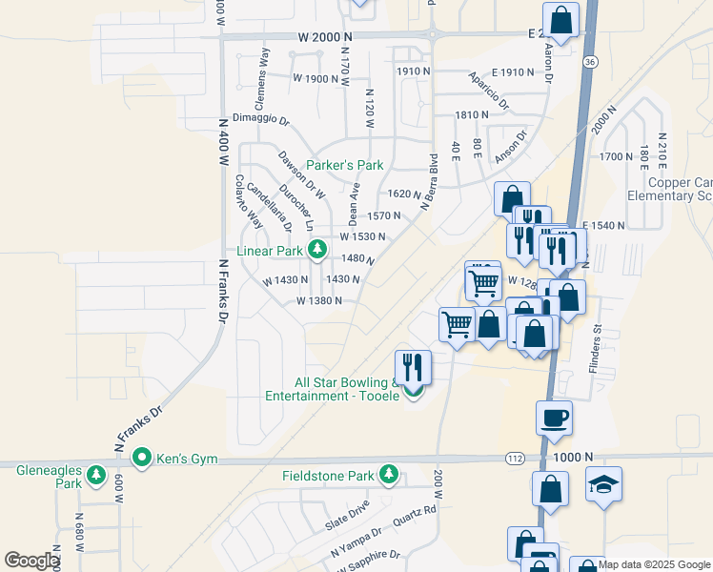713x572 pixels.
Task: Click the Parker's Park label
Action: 344,165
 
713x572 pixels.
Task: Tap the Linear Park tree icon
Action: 317,251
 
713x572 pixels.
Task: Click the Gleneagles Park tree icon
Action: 95,474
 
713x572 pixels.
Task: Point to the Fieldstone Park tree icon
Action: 388,474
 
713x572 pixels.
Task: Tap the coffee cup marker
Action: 554,417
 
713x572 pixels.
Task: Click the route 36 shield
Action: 591,62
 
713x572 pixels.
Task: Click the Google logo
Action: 31,561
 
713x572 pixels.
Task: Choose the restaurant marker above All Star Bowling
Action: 413,366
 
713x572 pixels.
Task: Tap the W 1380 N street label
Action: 319,300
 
